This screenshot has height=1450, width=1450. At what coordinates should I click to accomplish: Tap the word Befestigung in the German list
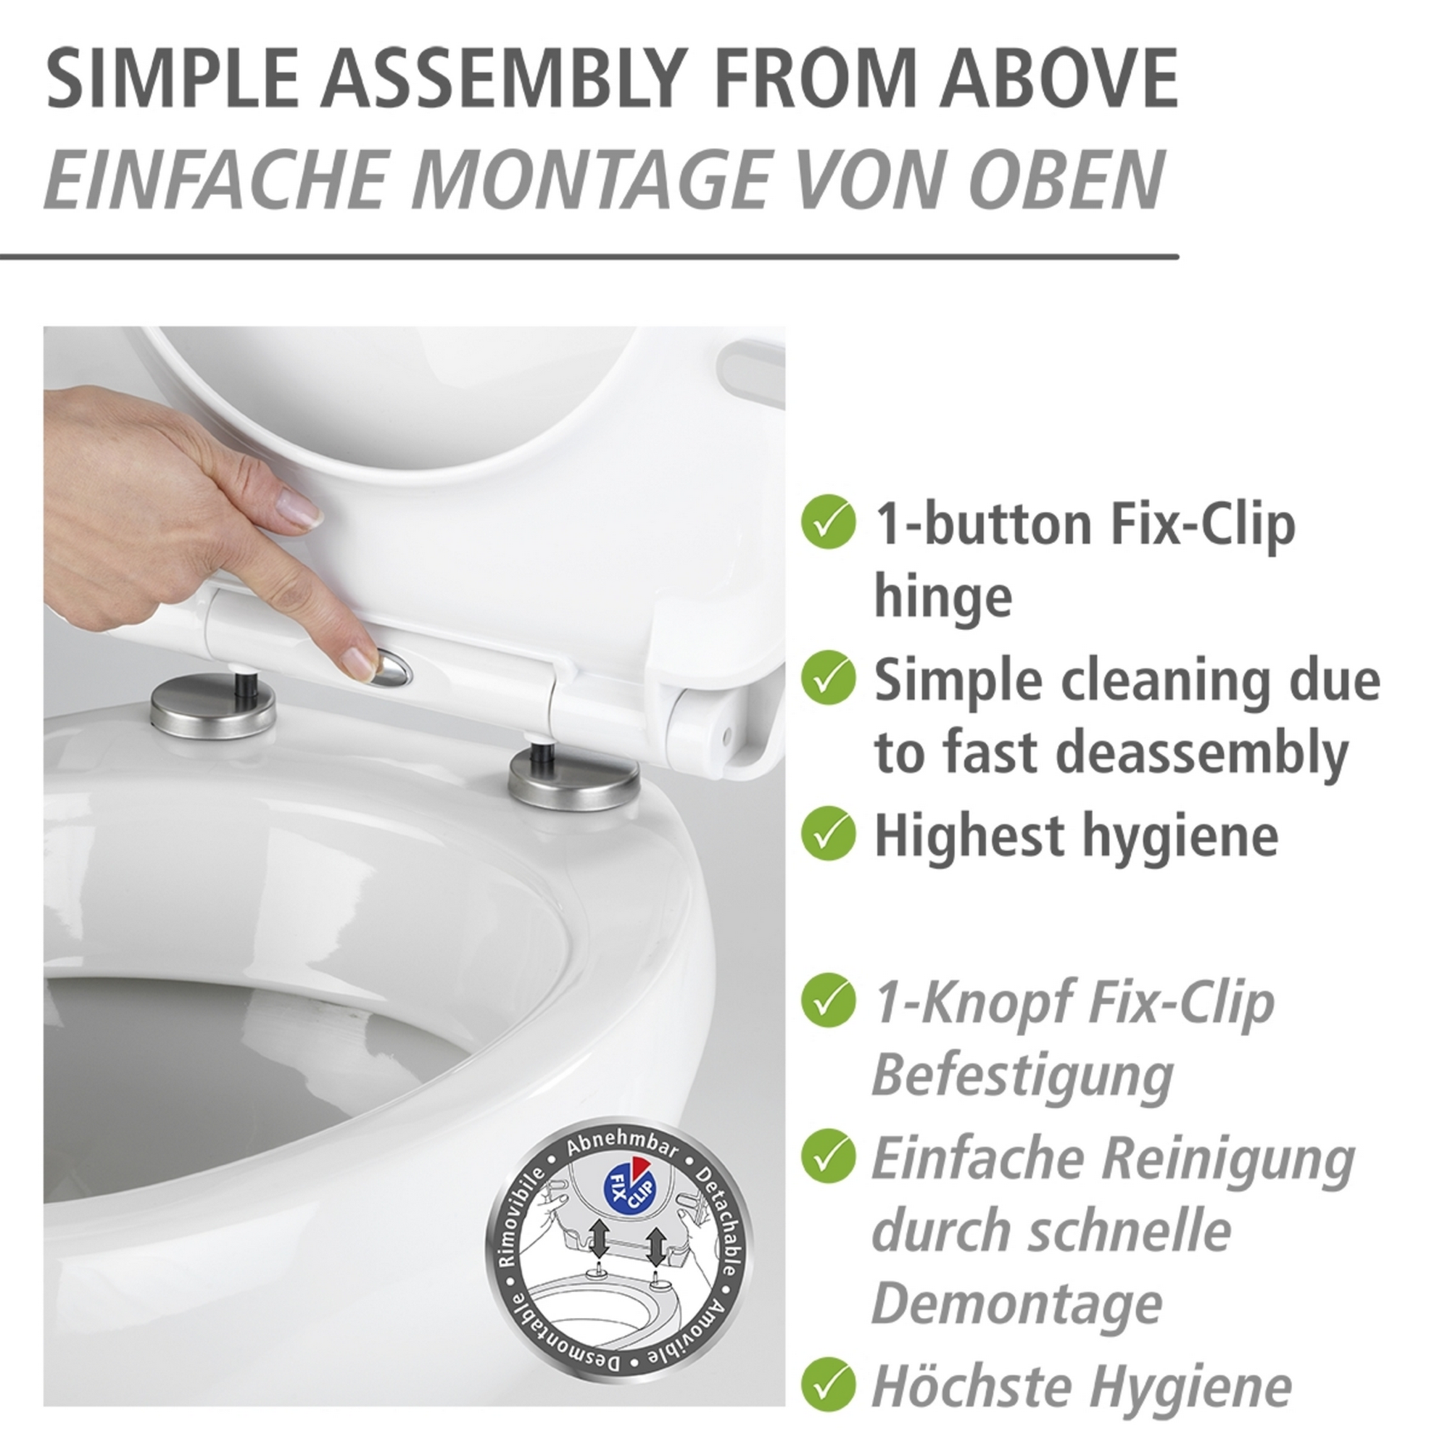coord(1022,1075)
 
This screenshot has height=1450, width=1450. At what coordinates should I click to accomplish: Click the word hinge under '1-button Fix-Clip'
coord(942,598)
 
